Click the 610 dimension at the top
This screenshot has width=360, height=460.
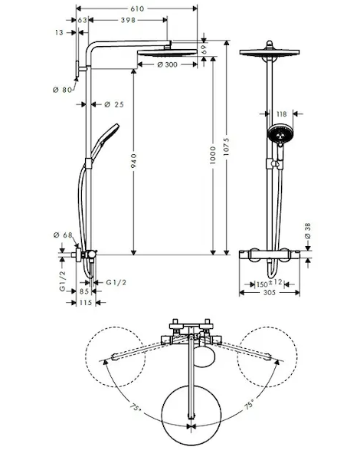137,8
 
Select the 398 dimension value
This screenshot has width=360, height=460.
128,20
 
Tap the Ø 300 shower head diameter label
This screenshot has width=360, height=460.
168,64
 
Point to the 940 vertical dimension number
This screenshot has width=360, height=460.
133,161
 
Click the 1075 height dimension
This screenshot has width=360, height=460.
226,146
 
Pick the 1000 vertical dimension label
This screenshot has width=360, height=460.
213,155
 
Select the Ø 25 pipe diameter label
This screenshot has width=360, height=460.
114,104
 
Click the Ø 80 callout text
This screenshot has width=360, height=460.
63,90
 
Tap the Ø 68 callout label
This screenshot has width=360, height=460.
63,235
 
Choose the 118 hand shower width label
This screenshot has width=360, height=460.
281,113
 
